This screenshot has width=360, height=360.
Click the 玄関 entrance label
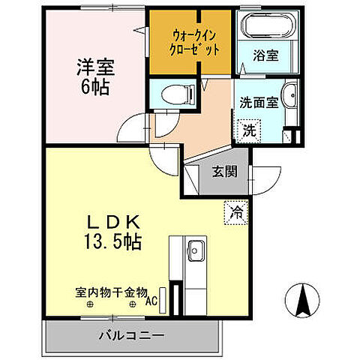223,171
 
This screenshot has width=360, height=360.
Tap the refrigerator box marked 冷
235,212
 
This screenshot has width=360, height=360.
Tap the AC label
151,303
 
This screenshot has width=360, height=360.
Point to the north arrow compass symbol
304,301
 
